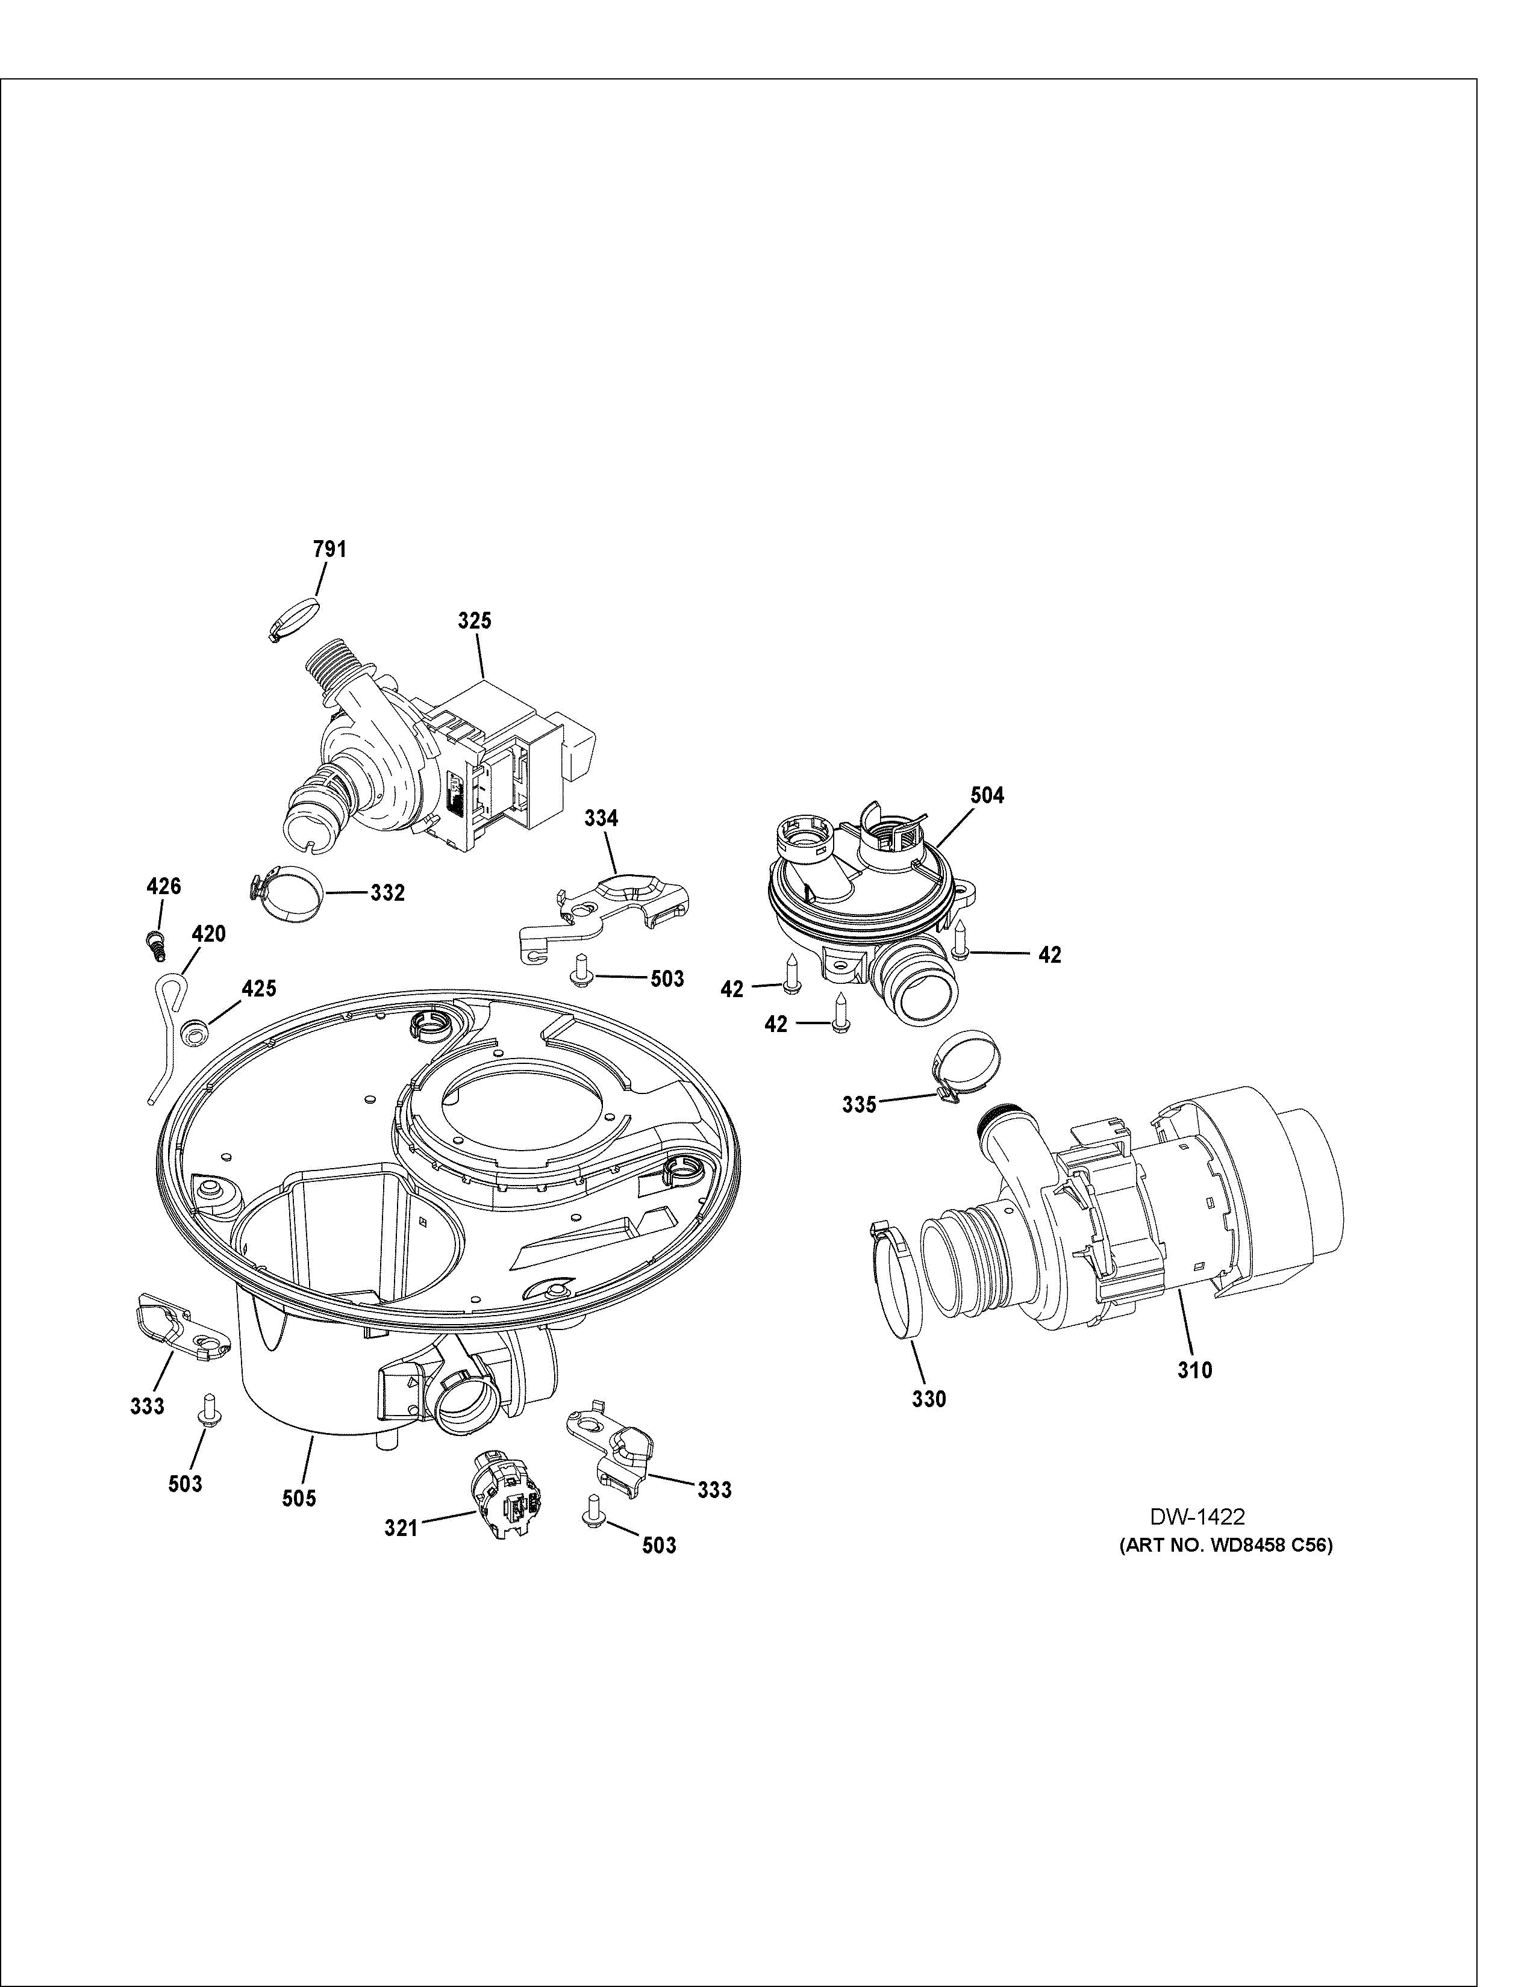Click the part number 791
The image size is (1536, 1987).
[x=329, y=550]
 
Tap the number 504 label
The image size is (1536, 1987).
[x=987, y=795]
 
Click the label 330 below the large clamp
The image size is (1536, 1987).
[x=929, y=1424]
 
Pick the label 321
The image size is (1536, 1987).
[x=401, y=1528]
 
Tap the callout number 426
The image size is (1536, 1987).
[x=164, y=886]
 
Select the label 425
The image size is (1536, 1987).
[x=258, y=989]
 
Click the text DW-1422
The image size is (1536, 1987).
[x=1197, y=1517]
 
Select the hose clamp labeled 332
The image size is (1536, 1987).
[x=287, y=892]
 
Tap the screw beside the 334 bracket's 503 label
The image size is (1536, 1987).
[x=579, y=972]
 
